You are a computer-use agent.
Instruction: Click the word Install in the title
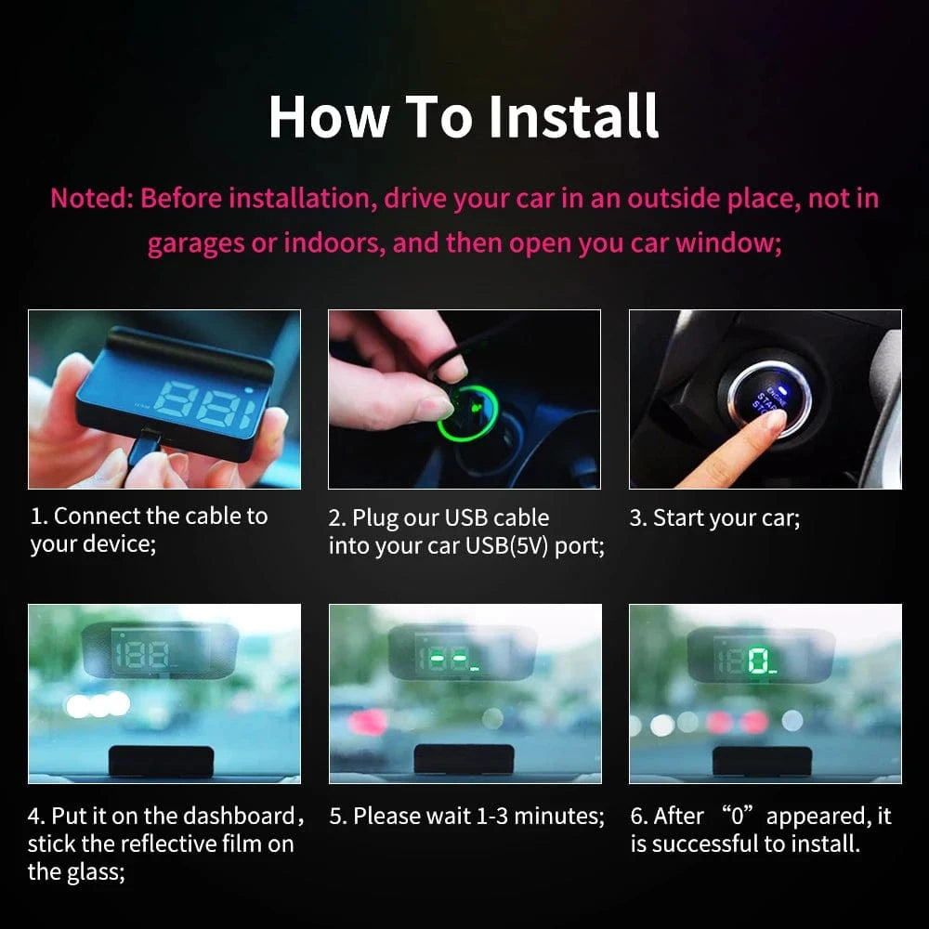coord(573,116)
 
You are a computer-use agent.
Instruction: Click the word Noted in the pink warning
coord(89,198)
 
